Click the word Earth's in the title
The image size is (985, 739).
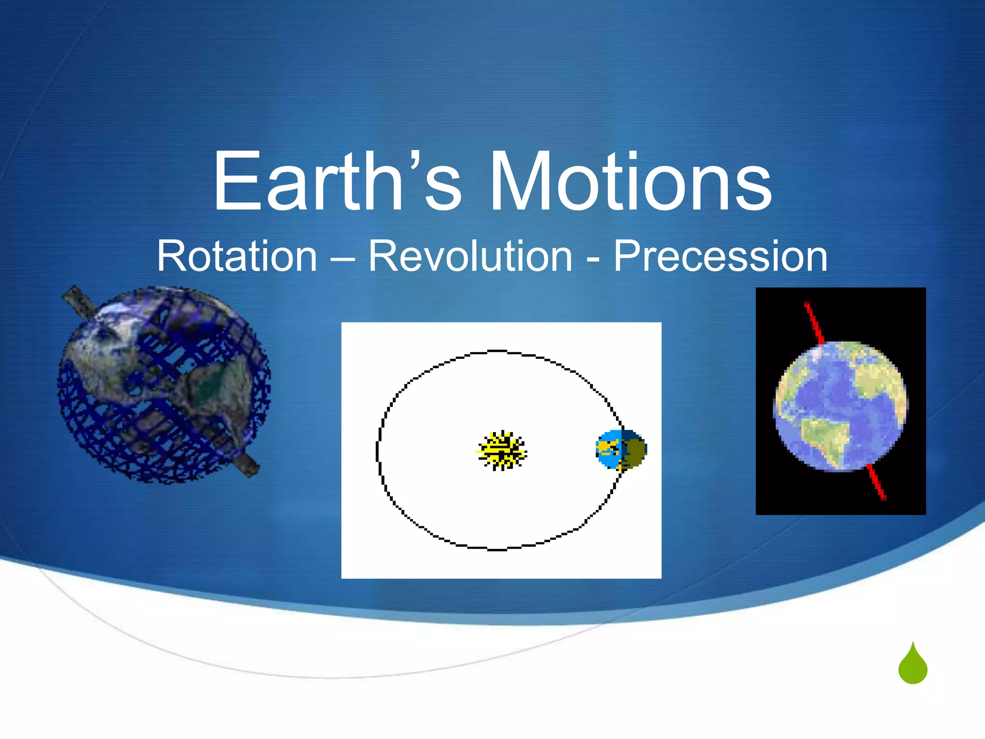point(337,182)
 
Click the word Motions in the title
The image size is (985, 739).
point(630,182)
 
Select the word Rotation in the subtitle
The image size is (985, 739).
point(237,256)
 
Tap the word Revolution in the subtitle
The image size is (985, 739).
point(470,256)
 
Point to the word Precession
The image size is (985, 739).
point(720,256)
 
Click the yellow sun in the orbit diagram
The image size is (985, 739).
point(502,451)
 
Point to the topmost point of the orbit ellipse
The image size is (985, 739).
point(498,351)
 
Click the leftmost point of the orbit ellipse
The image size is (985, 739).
point(377,451)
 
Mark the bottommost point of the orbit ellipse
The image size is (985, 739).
point(498,549)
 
